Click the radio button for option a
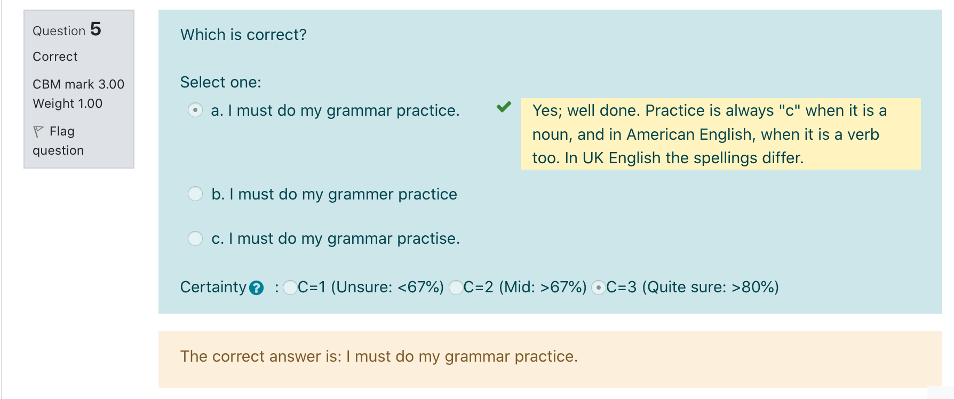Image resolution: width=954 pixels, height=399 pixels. coord(195,110)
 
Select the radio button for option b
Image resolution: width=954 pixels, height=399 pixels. coord(195,194)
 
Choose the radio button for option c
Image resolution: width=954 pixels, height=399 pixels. coord(195,238)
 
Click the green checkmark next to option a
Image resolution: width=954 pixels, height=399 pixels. coord(504,107)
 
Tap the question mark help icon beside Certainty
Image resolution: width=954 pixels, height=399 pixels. coord(256,288)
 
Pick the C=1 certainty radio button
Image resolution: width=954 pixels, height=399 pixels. coord(290,288)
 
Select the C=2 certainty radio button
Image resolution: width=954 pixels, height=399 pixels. coord(456,288)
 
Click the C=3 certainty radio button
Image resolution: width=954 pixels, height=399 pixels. coord(599,288)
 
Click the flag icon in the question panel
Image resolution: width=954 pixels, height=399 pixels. coord(38,131)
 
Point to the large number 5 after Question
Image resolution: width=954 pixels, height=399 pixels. coord(96,29)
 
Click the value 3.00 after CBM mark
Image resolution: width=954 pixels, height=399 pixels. coord(111,84)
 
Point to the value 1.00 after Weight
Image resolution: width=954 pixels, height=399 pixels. coord(90,103)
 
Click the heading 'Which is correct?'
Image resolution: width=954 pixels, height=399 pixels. coord(243,35)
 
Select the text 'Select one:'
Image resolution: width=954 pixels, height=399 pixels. coord(221,82)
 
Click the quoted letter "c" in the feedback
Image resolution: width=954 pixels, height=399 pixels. coord(790,110)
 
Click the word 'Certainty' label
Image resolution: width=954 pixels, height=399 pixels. coord(213,287)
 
